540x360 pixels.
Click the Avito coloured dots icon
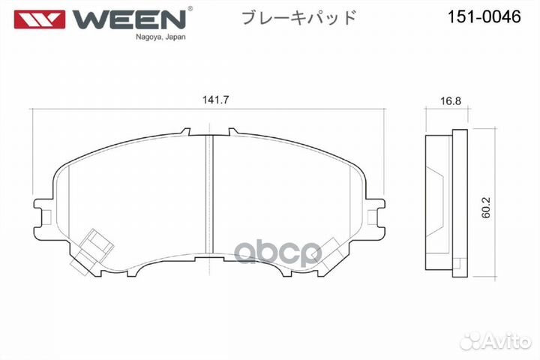468,341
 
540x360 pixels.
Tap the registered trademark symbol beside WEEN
190,9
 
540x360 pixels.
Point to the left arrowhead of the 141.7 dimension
33,109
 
